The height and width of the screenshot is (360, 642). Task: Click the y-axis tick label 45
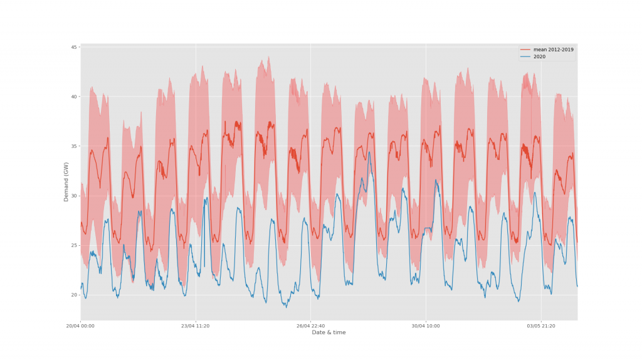tap(74, 47)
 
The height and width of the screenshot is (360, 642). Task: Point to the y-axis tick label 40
tap(74, 97)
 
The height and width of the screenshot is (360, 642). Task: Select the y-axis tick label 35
tap(74, 146)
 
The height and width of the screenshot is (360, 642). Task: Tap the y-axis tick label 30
tap(74, 196)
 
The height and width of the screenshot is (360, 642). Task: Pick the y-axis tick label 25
tap(74, 245)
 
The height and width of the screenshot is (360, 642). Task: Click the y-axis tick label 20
tap(74, 295)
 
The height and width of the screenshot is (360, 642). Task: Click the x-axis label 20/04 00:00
tap(81, 326)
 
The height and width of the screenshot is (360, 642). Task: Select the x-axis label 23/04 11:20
tap(196, 326)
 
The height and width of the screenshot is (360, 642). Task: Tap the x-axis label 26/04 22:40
tap(310, 326)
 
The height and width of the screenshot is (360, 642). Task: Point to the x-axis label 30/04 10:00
tap(426, 326)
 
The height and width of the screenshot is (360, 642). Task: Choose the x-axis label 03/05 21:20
tap(540, 326)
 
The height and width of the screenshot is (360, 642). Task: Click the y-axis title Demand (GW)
tap(66, 182)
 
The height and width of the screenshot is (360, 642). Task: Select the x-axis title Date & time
tap(329, 332)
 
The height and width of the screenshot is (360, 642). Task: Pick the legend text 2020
tap(539, 56)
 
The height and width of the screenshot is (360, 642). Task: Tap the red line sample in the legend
tap(525, 50)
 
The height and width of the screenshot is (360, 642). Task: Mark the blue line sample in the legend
tap(525, 56)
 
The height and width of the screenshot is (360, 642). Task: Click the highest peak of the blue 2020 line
tap(369, 152)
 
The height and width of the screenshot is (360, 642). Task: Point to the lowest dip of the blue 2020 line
tap(285, 307)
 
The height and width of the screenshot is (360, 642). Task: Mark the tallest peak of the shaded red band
tap(269, 56)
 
